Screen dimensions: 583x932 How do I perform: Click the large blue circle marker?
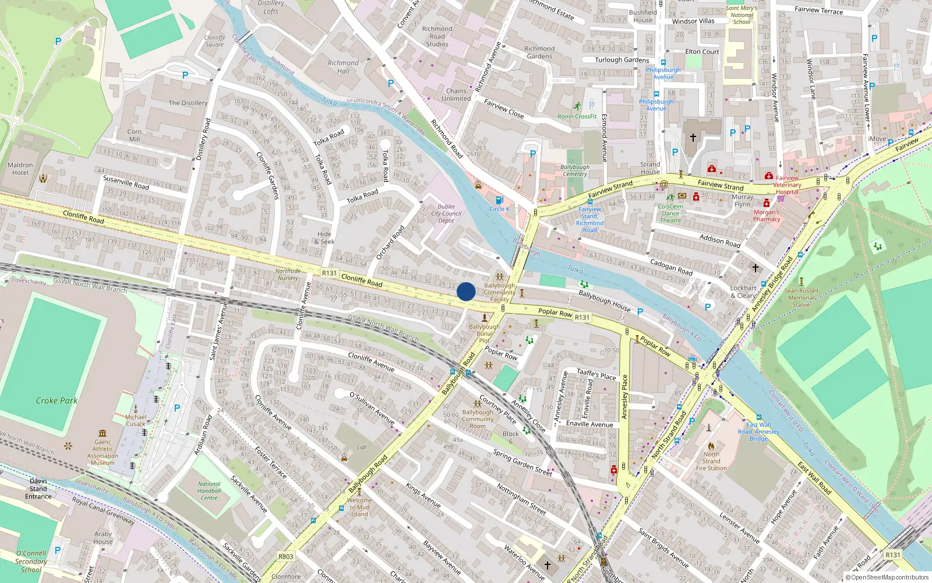(x=466, y=291)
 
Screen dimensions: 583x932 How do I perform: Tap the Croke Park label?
(x=57, y=401)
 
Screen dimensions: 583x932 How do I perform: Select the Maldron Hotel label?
(x=20, y=169)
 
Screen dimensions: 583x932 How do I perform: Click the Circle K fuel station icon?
(x=499, y=200)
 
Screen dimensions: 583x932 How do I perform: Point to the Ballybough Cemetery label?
(x=574, y=170)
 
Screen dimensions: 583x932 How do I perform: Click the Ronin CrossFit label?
(x=577, y=116)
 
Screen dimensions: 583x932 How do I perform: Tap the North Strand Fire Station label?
(x=711, y=461)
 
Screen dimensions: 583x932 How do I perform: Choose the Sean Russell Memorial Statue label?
(x=801, y=297)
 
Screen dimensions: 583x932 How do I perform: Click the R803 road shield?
(x=285, y=556)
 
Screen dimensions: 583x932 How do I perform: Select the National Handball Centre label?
(x=209, y=491)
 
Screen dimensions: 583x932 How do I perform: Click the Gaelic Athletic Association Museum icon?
(x=103, y=433)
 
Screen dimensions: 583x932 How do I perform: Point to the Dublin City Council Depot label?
(x=446, y=213)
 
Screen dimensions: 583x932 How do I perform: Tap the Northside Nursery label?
(x=288, y=274)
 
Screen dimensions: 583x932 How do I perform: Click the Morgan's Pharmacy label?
(x=767, y=216)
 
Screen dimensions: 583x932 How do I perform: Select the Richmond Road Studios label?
(x=437, y=36)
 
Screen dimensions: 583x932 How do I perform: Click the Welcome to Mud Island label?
(x=359, y=507)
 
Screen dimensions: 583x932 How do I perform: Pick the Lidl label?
(x=362, y=447)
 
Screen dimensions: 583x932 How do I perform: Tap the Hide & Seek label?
(x=324, y=238)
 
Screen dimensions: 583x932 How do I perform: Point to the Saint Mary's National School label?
(x=742, y=15)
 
